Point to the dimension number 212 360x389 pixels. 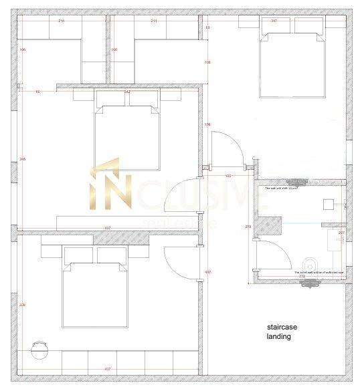click(x=302, y=275)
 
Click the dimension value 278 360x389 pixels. click(x=249, y=227)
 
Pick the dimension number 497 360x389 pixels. click(x=207, y=272)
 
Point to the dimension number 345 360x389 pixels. click(x=23, y=158)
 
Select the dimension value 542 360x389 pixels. click(x=126, y=92)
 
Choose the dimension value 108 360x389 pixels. click(x=207, y=62)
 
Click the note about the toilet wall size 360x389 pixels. click(x=319, y=272)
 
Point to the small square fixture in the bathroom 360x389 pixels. click(x=329, y=203)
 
